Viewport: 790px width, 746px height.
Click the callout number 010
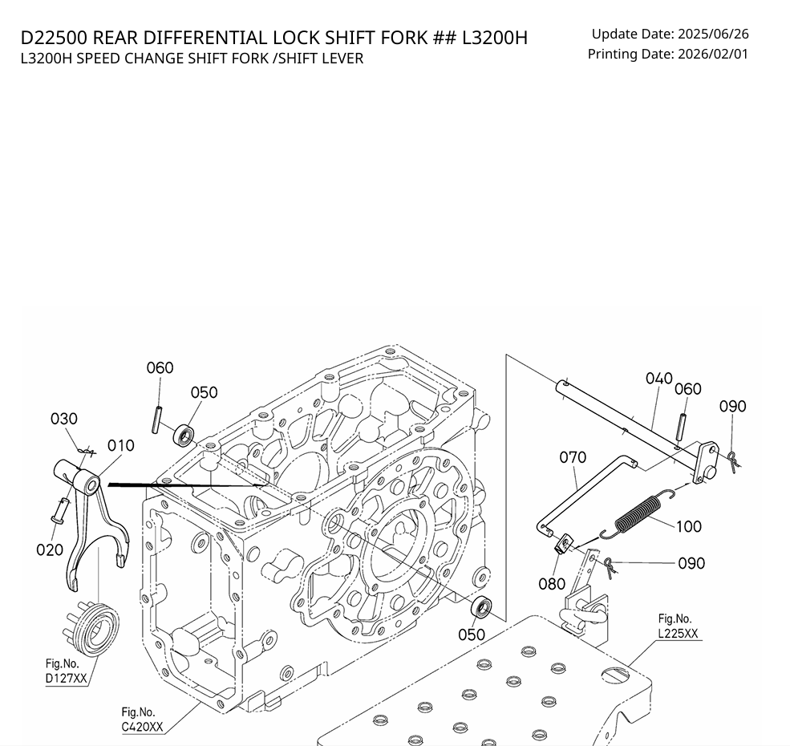[120, 446]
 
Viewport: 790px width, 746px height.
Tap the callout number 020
[50, 549]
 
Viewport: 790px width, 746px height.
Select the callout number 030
[64, 419]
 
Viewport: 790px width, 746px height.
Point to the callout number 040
[659, 379]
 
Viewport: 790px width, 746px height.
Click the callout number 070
[573, 457]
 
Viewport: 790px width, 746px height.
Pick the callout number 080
[552, 584]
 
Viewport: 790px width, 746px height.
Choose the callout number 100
[689, 526]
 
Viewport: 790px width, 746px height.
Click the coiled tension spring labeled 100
[638, 514]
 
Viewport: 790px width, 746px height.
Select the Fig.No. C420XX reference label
[142, 720]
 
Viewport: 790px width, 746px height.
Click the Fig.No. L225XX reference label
[679, 626]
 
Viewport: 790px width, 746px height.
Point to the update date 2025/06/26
[713, 34]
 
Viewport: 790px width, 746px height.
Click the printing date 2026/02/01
[713, 54]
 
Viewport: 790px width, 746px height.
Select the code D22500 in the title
[55, 38]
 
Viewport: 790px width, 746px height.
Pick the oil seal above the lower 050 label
[481, 606]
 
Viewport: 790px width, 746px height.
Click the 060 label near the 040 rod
[687, 389]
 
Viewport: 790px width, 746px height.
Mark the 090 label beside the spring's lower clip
[691, 563]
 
